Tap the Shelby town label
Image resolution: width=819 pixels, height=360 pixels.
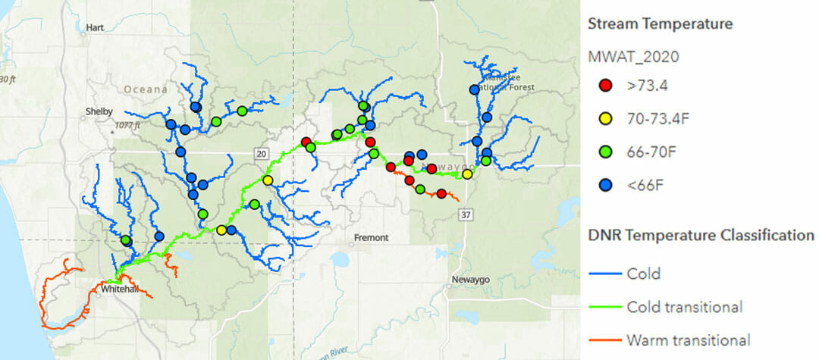coord(99,111)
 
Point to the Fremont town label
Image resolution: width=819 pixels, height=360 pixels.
coord(372,238)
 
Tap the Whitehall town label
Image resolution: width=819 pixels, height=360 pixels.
coord(118,289)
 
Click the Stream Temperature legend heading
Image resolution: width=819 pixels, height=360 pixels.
coord(660,24)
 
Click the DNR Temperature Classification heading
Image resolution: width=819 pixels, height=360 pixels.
coord(701,236)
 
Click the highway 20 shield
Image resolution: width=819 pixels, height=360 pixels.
coord(262,154)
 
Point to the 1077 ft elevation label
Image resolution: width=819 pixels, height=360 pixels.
coord(128,126)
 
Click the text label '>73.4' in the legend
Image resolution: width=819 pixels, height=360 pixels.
coord(647,86)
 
